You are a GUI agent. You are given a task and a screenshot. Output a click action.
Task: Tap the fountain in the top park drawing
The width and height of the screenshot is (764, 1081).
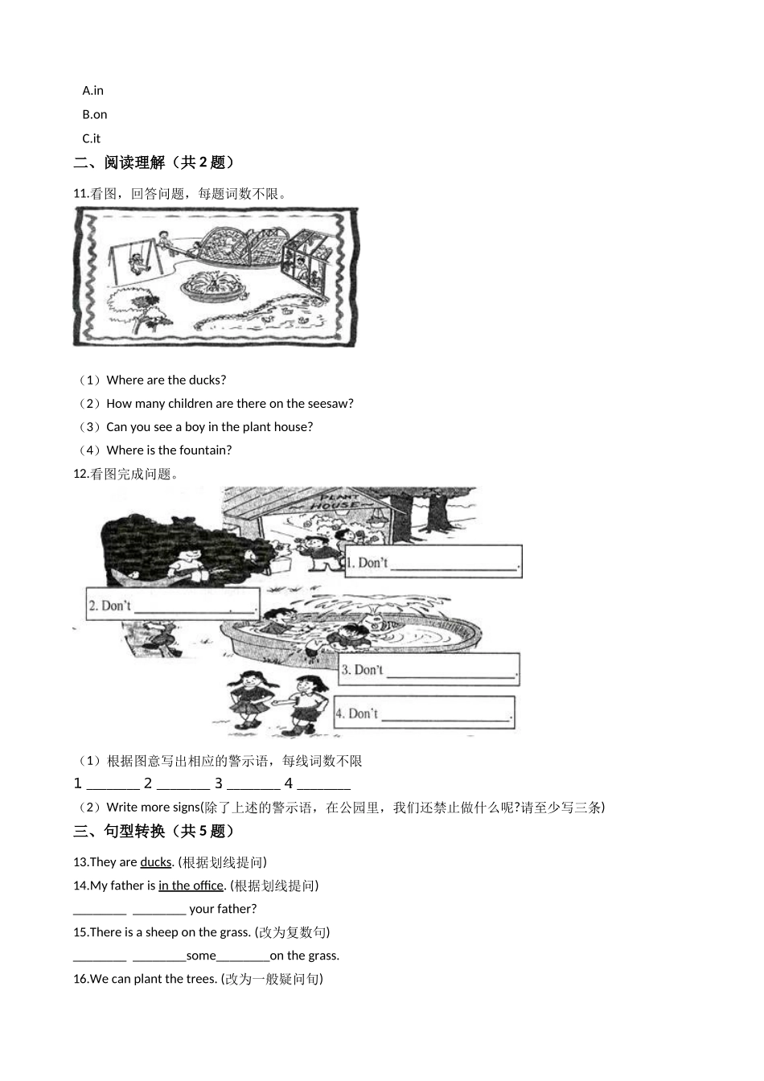(212, 287)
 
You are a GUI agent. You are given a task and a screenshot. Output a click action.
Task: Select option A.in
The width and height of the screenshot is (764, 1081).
(93, 91)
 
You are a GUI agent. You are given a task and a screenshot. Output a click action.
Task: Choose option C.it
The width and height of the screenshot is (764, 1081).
(92, 138)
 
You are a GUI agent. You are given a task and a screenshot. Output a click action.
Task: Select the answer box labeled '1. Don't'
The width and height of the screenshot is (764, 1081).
(433, 562)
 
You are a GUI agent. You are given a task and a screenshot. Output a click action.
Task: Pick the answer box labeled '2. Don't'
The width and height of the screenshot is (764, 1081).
(173, 604)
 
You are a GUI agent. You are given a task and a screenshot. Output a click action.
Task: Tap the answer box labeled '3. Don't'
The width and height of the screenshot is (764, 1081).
(429, 669)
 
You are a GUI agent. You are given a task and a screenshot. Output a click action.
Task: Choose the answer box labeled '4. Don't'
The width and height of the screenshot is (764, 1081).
(424, 713)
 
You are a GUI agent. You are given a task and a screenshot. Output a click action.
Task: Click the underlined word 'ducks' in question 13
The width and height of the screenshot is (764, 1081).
(156, 862)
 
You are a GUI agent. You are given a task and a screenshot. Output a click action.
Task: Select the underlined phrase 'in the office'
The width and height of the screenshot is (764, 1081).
(191, 886)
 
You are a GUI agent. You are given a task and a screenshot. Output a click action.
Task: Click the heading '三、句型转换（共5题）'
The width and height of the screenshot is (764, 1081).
(154, 832)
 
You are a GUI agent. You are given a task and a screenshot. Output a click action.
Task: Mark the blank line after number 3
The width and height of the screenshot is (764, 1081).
(253, 784)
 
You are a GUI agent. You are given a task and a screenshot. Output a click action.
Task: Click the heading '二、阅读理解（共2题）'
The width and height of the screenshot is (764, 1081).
(154, 162)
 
